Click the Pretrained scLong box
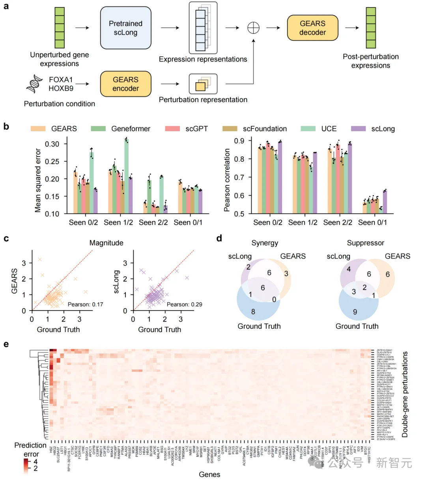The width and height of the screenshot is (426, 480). [125, 28]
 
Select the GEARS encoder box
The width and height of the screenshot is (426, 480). [125, 84]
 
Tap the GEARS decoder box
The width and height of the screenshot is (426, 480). [312, 28]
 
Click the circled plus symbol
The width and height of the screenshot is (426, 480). [253, 28]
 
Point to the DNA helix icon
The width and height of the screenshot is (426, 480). [35, 84]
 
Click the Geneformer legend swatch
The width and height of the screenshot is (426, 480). [99, 129]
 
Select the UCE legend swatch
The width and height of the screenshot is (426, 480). [308, 129]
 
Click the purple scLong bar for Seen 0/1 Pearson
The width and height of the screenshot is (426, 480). [385, 202]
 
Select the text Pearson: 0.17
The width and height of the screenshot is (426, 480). [85, 305]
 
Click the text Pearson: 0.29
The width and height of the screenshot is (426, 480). [184, 305]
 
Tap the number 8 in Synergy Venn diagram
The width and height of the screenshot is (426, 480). [253, 312]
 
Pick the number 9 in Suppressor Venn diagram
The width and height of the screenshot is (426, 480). [355, 312]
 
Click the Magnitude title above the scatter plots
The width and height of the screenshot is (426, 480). [106, 243]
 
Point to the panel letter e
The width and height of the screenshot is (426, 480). [6, 344]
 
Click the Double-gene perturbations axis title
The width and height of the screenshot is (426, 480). [405, 394]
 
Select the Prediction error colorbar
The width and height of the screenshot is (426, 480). [26, 465]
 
